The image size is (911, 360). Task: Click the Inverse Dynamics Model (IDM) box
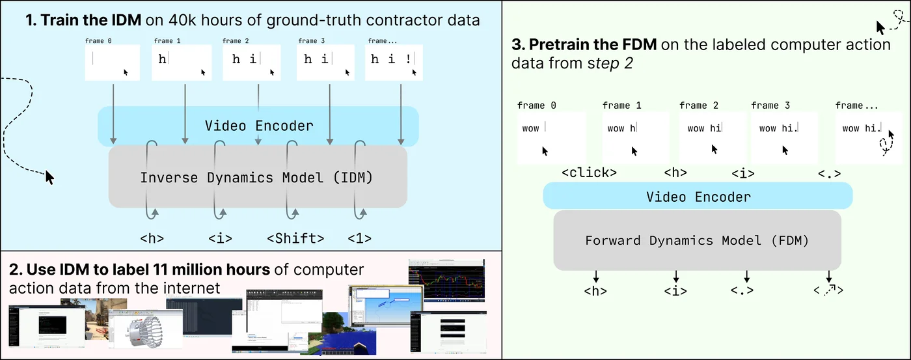coord(257,177)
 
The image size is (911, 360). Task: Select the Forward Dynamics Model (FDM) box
coord(697,240)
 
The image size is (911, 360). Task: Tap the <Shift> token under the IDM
coord(295,238)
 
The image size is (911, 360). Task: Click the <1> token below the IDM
coord(359,238)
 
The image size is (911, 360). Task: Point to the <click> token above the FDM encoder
coord(588,173)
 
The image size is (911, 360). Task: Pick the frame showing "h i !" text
coord(394,62)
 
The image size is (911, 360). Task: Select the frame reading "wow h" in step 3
coord(635,138)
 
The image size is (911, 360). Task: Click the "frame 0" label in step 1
coord(98,41)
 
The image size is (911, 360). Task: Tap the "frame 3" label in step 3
coord(770,105)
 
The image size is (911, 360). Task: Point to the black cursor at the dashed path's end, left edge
coord(49,176)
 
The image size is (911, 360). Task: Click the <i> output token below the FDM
coord(675,291)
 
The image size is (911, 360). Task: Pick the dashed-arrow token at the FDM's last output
coord(828,290)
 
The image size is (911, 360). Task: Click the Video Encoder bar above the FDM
coord(697,196)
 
